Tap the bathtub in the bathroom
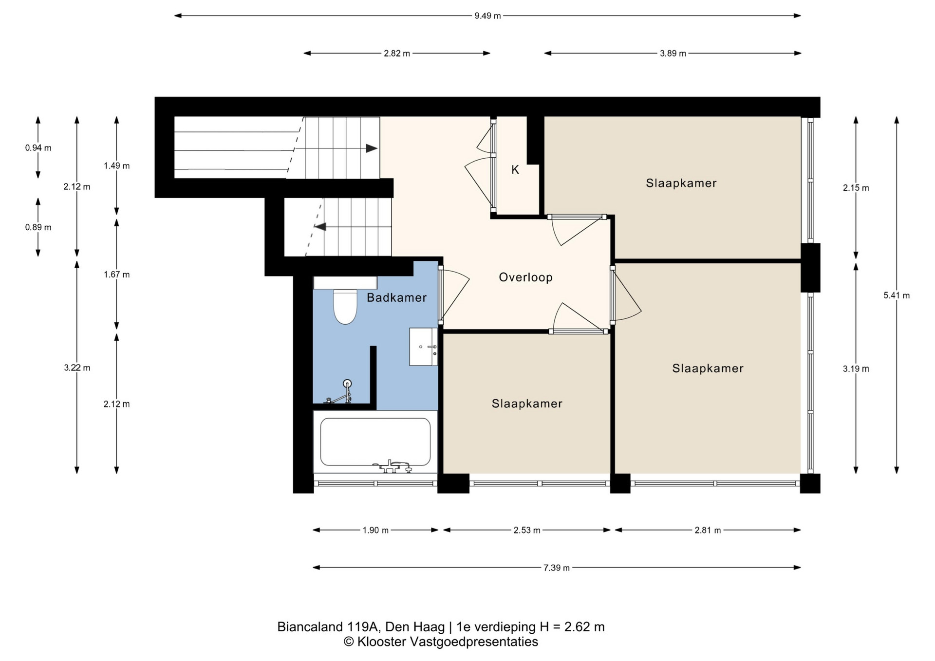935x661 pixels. [375, 442]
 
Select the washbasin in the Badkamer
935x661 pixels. [423, 347]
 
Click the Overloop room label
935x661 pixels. [525, 277]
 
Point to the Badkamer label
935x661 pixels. [396, 297]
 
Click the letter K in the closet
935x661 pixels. [515, 170]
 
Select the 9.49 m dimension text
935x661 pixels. [487, 16]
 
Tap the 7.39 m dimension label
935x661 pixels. [556, 568]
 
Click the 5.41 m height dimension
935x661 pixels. [897, 295]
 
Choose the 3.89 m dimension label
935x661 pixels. [673, 54]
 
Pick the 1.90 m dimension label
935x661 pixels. [375, 530]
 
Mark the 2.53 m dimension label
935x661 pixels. [527, 530]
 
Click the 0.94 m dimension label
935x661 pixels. [38, 148]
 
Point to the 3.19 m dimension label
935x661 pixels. [856, 368]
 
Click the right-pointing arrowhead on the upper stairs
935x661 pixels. [372, 148]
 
